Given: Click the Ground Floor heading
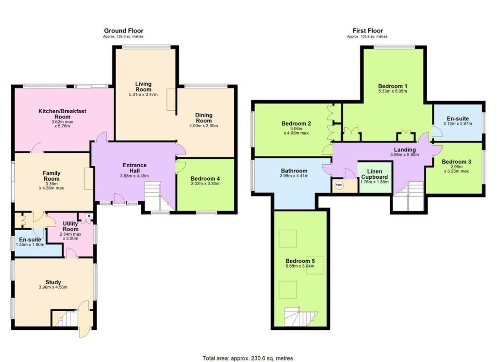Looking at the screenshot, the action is [x=124, y=31].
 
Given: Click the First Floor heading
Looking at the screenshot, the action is [x=368, y=31].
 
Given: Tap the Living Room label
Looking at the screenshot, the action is [x=143, y=86].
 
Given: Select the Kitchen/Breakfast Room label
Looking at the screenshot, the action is [x=62, y=114].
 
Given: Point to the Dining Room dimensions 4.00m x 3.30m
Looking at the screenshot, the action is [x=203, y=126].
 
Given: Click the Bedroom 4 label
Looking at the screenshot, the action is [x=205, y=179].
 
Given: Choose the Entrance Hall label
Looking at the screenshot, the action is [x=134, y=168].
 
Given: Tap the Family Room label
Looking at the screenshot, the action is [x=51, y=176].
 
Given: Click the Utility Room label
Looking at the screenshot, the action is [x=70, y=226].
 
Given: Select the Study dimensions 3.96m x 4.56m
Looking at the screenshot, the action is [x=53, y=287].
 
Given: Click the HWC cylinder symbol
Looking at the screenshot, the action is [x=339, y=185].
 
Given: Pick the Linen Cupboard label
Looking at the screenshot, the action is [x=375, y=174].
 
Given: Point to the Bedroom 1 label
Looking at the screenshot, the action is [x=392, y=86].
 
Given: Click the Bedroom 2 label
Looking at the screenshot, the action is [x=296, y=123].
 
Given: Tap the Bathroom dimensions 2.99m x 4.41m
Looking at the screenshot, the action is [x=294, y=176].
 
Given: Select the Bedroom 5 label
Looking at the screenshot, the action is [x=300, y=261].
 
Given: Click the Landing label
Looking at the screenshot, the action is [x=405, y=150].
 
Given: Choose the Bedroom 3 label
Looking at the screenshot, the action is [x=456, y=161].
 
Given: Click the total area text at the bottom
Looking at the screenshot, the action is [x=248, y=358].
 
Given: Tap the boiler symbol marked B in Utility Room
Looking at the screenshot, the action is [x=89, y=216].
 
